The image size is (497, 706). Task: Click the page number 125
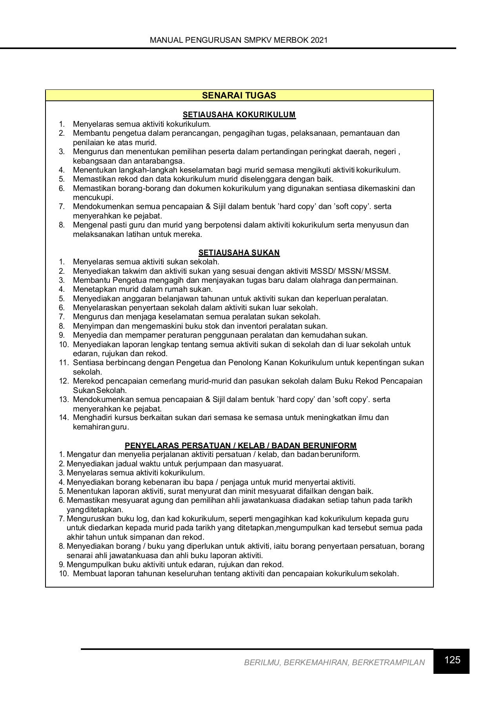pos(452,660)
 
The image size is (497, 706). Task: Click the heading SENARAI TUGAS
pos(239,95)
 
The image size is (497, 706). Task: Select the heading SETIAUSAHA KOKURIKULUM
pos(239,115)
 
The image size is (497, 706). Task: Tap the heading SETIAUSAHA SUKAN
pos(239,253)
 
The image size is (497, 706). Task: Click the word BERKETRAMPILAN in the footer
pos(388,663)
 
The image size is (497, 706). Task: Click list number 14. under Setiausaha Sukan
pos(64,418)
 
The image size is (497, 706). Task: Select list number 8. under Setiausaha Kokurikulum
pos(62,225)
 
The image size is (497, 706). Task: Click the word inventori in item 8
pos(255,326)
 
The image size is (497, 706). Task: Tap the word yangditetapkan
pos(95,510)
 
